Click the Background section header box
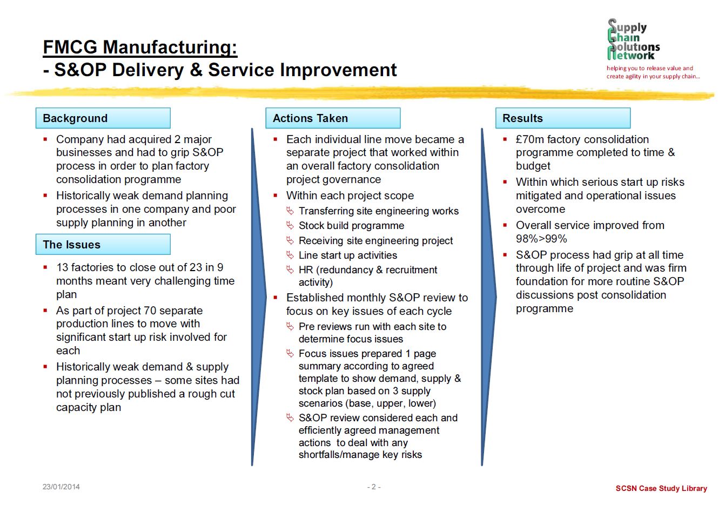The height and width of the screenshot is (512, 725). click(103, 118)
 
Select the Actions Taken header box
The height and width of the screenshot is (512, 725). click(333, 118)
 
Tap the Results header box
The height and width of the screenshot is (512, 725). click(563, 118)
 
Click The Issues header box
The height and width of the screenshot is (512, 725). click(103, 244)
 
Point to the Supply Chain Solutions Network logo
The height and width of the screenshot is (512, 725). click(633, 39)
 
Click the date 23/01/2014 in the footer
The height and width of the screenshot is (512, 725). click(61, 487)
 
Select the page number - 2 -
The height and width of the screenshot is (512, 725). click(374, 487)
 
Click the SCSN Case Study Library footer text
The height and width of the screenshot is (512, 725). click(661, 488)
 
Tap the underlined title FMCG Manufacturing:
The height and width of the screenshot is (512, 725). click(140, 47)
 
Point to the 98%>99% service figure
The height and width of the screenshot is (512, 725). click(541, 239)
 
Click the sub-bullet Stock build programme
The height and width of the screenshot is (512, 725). click(352, 226)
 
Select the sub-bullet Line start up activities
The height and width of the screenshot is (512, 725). click(348, 255)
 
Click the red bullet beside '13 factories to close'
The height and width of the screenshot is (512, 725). click(45, 267)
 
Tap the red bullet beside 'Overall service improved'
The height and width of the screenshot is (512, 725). click(505, 225)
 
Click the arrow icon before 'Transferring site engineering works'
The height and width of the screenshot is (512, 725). click(290, 211)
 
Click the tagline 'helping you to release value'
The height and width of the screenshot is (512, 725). click(650, 68)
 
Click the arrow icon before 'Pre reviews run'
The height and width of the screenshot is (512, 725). click(290, 327)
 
